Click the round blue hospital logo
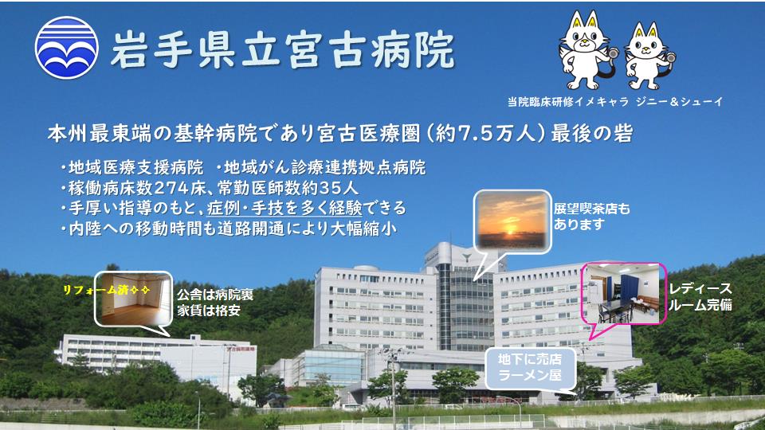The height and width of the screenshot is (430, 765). click(67, 47)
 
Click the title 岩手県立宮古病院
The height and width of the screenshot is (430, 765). click(282, 49)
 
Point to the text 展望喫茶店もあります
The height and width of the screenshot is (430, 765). click(592, 217)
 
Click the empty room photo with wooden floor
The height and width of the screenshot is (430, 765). click(133, 299)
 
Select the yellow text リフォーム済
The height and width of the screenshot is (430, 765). click(106, 290)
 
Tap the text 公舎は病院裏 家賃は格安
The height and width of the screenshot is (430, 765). click(214, 303)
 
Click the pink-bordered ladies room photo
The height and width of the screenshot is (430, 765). click(623, 294)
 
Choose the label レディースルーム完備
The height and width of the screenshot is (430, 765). click(700, 296)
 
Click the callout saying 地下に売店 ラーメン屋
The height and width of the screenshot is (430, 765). click(530, 368)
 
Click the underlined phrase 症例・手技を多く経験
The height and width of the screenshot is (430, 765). click(285, 208)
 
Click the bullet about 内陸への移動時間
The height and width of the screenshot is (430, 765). click(229, 229)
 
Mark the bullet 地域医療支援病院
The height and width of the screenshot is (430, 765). click(131, 168)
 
